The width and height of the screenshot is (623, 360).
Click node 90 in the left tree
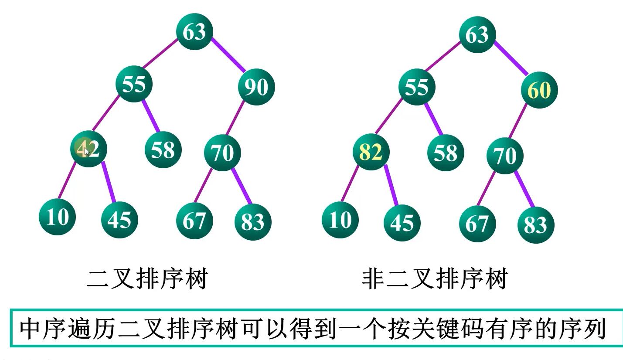point(256,87)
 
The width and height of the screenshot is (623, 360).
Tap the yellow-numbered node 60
point(539,90)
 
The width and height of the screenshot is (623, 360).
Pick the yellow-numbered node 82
point(371,152)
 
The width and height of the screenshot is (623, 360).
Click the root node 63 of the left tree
point(194,31)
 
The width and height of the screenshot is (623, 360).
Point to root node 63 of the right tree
point(477,34)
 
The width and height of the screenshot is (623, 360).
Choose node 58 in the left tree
point(163,149)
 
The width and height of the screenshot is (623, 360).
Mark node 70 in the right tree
point(505,156)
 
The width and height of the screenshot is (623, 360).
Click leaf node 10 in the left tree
point(57,216)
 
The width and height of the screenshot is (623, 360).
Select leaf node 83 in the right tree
point(535,224)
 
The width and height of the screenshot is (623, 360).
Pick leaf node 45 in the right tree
point(402,222)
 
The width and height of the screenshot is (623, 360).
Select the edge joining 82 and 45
point(391,185)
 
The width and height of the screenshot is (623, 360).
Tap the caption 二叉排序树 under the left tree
point(147,279)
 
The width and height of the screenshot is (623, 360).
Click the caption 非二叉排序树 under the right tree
point(435,279)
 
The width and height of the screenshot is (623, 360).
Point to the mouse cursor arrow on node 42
point(87,151)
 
